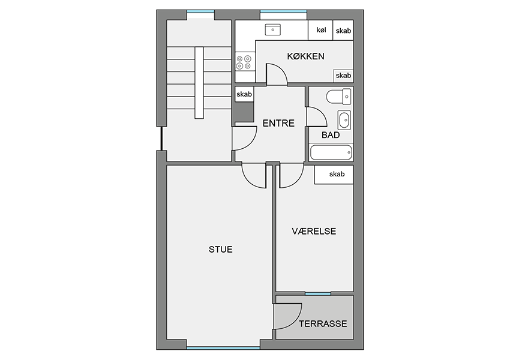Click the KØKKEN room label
click(x=305, y=56)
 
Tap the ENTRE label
click(x=278, y=123)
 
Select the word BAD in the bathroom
click(x=331, y=135)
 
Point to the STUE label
click(x=221, y=250)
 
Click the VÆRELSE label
click(x=314, y=231)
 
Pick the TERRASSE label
click(x=323, y=324)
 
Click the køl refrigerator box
click(x=320, y=30)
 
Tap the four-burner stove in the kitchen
click(x=244, y=62)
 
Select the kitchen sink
click(x=273, y=29)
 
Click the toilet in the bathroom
click(x=339, y=97)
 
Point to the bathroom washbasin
click(x=344, y=120)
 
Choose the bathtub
click(x=331, y=152)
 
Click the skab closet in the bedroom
click(x=334, y=175)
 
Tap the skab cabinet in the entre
click(x=244, y=94)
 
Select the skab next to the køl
click(x=343, y=30)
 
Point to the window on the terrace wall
click(x=318, y=293)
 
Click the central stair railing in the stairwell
click(x=199, y=83)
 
